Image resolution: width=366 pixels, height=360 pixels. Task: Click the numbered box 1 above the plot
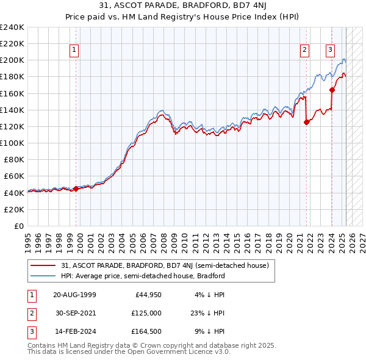point(74,50)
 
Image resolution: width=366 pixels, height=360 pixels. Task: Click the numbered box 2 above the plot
point(304,50)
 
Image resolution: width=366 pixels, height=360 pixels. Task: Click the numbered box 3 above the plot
point(330,50)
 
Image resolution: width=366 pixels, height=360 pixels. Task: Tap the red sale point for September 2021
point(306,122)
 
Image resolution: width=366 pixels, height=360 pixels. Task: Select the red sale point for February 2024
point(332,90)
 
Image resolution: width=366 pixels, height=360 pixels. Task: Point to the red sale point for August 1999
point(76,189)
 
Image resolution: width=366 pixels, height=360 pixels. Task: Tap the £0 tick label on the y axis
point(19,226)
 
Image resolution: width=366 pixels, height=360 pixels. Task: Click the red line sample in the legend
point(44,265)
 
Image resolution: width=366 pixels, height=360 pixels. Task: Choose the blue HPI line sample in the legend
point(44,276)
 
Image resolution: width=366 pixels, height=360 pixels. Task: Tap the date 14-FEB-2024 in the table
point(74,331)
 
